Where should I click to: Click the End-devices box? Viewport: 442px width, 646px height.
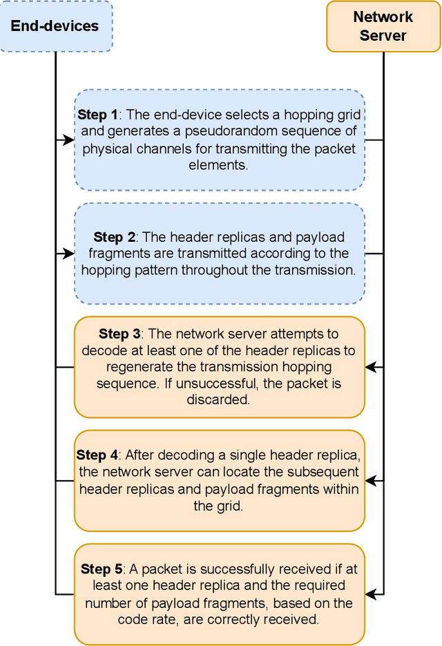(x=55, y=26)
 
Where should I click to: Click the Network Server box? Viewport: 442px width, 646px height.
(x=383, y=26)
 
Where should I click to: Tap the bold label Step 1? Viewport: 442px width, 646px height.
(x=97, y=115)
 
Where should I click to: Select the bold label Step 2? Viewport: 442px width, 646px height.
(x=115, y=237)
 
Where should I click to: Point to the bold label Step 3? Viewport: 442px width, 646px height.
(x=119, y=334)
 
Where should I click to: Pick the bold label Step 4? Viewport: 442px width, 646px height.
(x=97, y=455)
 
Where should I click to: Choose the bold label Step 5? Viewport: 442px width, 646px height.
(x=102, y=569)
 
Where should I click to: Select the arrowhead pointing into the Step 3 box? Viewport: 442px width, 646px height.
(x=370, y=368)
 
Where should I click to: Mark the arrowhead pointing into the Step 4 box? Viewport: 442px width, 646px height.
(x=370, y=480)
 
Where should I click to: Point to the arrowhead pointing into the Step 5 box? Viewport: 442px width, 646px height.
(x=370, y=593)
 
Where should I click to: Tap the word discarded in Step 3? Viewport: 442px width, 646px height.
(x=219, y=400)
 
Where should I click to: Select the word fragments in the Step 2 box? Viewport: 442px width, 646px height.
(x=112, y=254)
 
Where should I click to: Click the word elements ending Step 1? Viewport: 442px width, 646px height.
(x=218, y=166)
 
